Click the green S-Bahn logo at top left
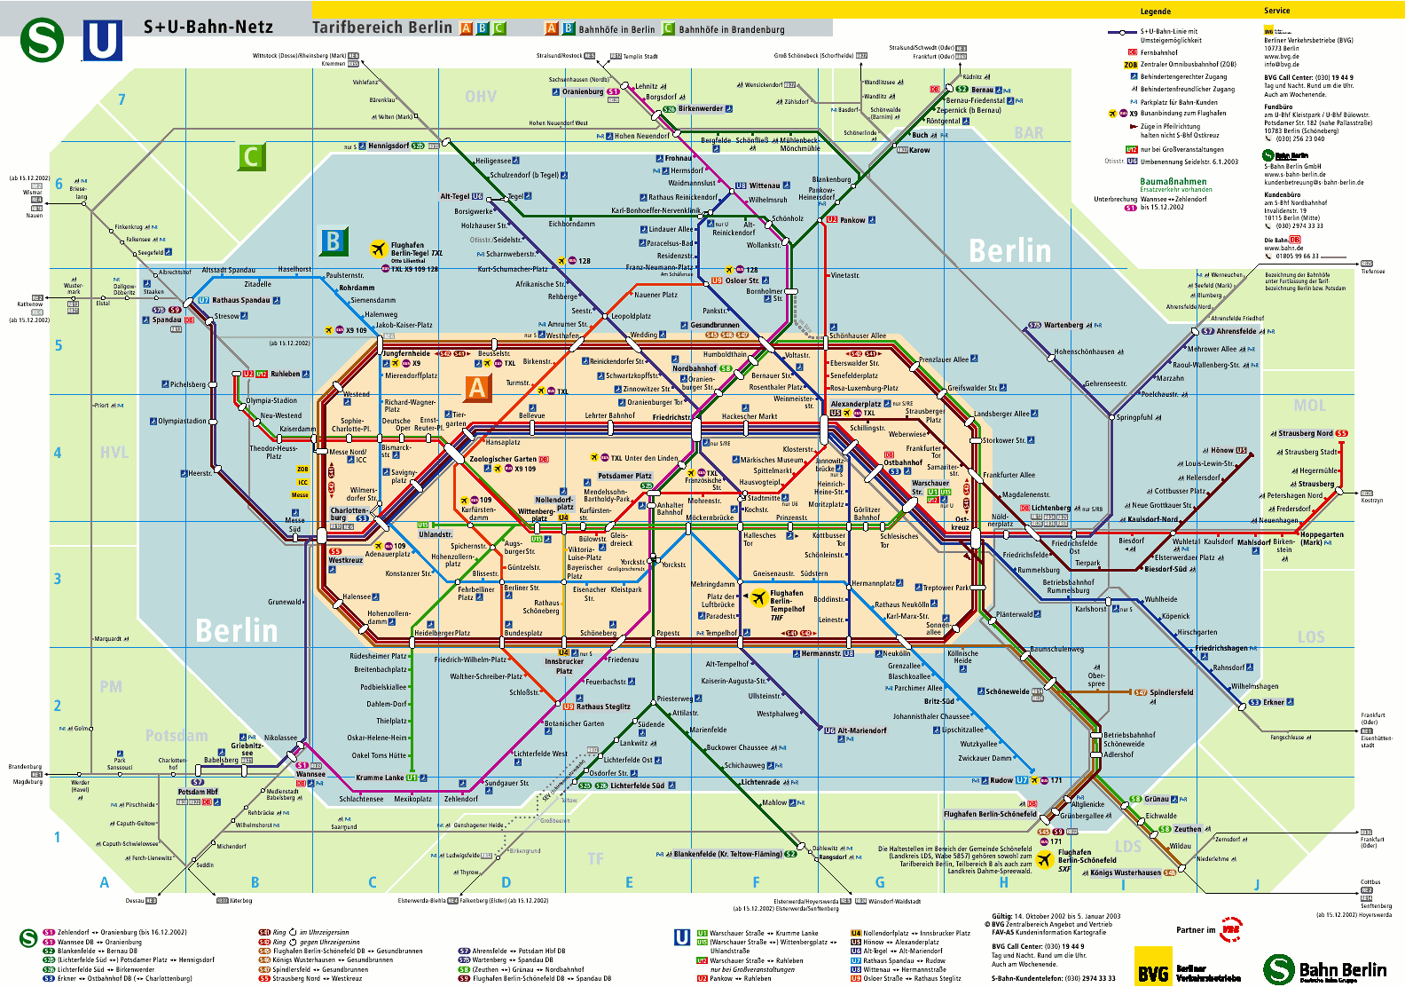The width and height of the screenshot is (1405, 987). tap(42, 40)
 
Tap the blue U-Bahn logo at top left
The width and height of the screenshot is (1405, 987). tap(102, 40)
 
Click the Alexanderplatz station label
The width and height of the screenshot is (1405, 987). tap(855, 404)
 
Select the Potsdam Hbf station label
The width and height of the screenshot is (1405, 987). tap(197, 792)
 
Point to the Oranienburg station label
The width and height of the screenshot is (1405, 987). tap(583, 91)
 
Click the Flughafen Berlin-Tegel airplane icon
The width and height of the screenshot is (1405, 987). tap(379, 248)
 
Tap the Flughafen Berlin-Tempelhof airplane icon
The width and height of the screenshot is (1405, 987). tap(758, 597)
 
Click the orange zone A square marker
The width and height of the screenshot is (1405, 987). tap(477, 388)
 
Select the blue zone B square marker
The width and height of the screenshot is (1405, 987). tap(333, 241)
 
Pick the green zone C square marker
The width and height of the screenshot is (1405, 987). tap(251, 157)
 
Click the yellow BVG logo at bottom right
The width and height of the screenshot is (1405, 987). tap(1152, 967)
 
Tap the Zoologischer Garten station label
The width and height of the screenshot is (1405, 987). tap(503, 460)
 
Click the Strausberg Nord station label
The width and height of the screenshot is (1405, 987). tap(1305, 433)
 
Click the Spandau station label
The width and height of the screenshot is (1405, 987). tap(167, 320)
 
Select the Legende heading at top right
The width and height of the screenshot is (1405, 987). tap(1155, 12)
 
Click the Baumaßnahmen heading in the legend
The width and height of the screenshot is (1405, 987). tap(1173, 181)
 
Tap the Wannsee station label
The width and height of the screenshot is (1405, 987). tap(310, 774)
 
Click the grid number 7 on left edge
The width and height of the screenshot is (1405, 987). tap(122, 99)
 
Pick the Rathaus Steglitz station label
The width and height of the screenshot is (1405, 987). tap(603, 707)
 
